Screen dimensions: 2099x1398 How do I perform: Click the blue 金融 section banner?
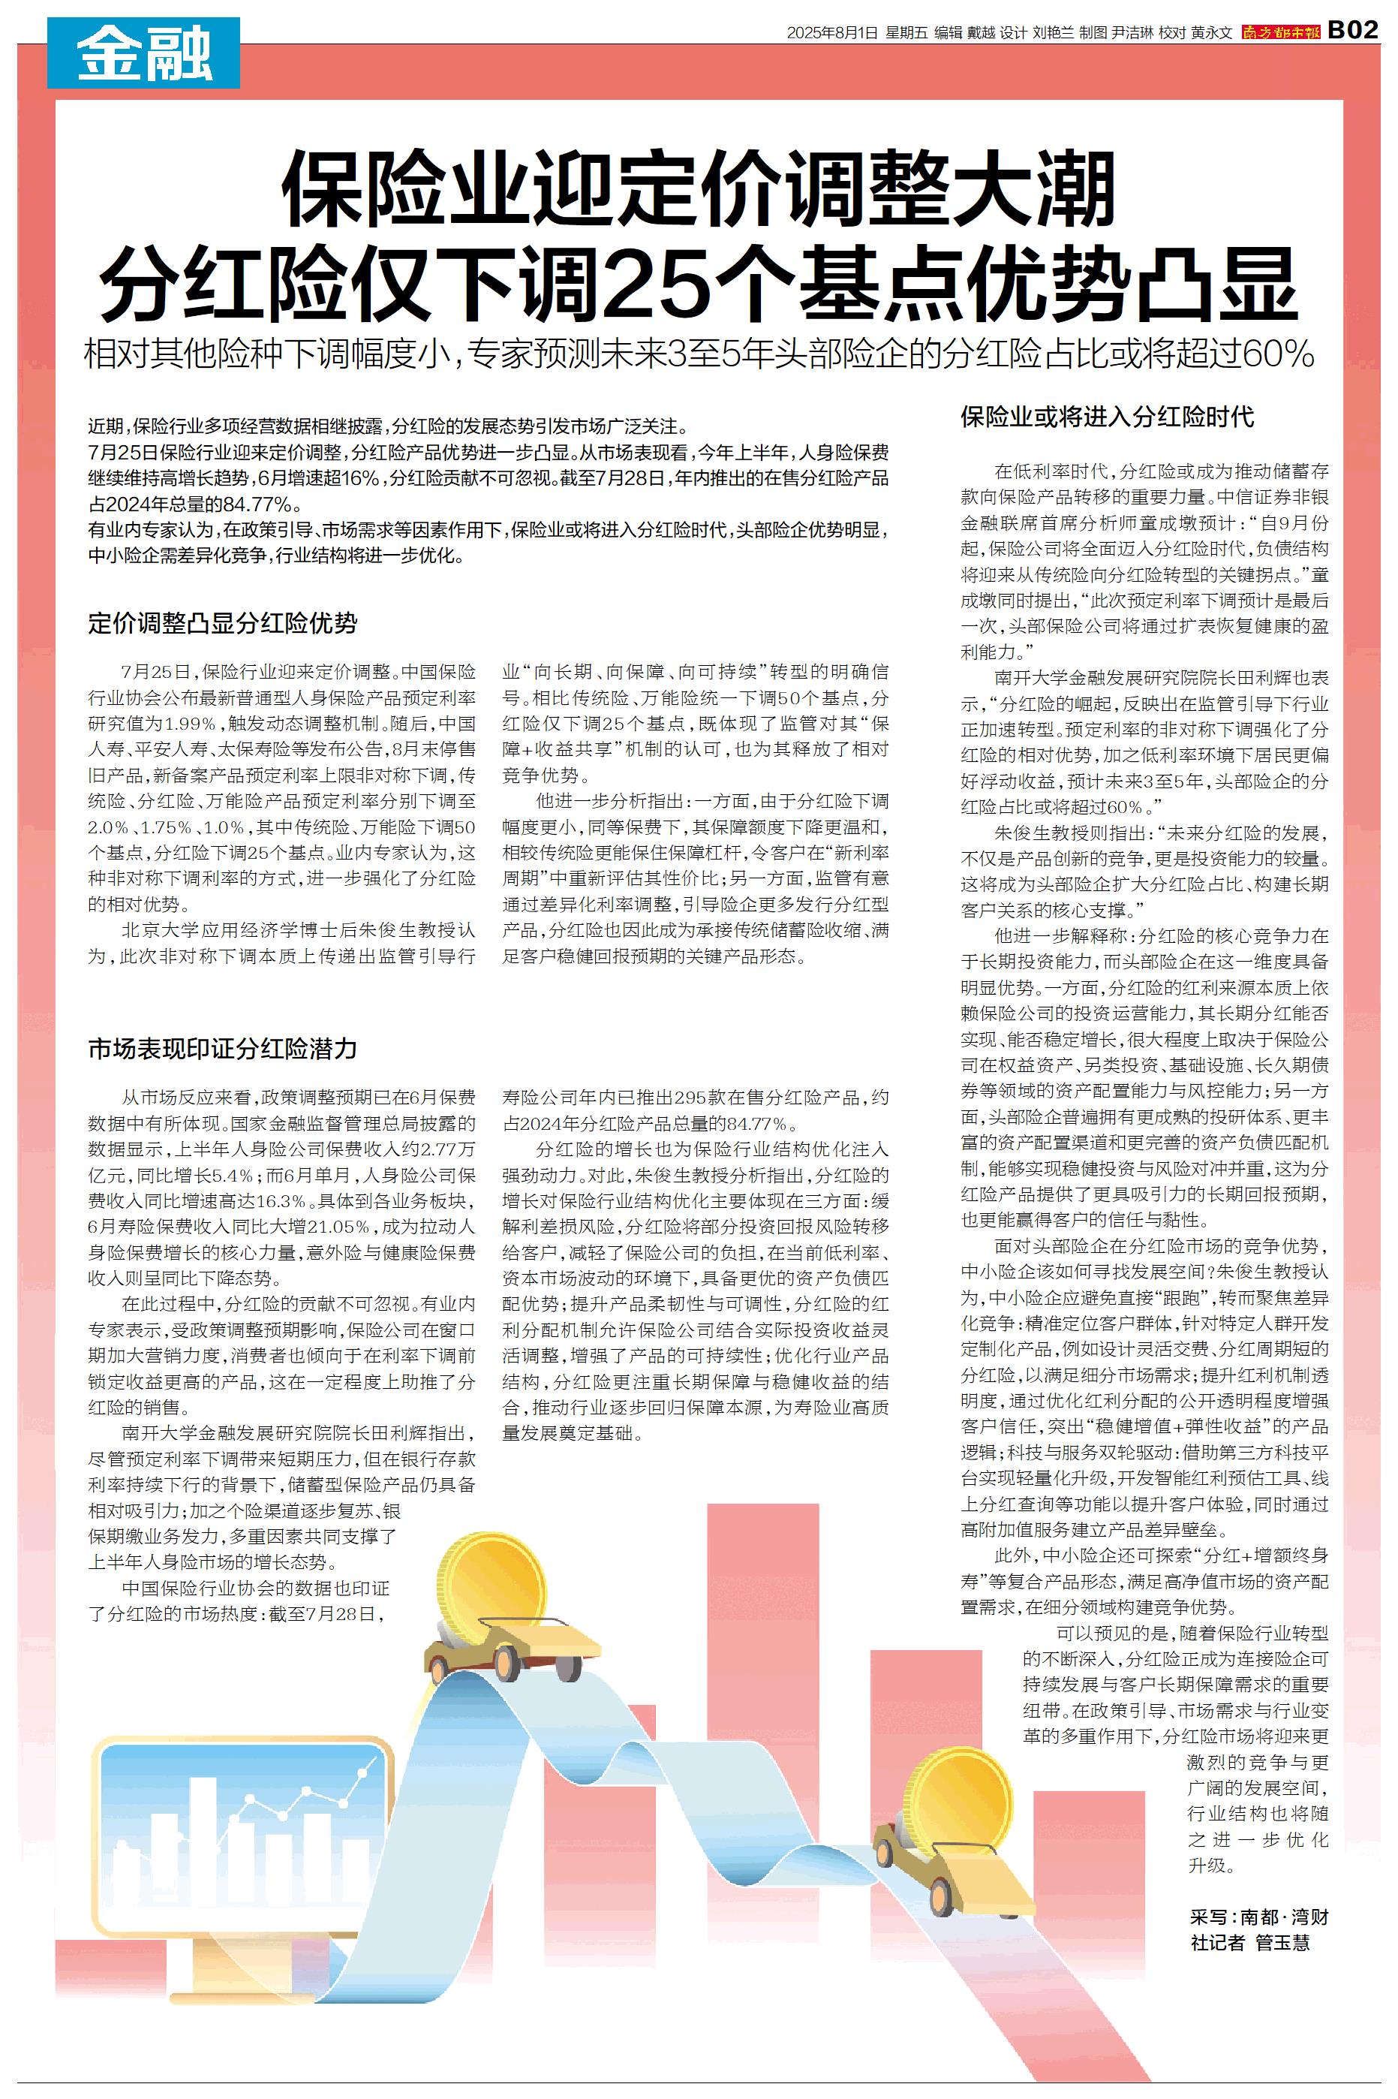tap(143, 53)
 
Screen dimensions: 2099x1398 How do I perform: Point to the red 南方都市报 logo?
tap(1281, 32)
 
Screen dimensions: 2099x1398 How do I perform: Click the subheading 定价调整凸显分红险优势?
tap(222, 622)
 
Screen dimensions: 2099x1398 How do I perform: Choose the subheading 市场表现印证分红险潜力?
tap(222, 1049)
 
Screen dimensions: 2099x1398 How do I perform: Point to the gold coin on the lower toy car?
tap(961, 1799)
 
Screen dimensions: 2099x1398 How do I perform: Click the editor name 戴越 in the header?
tap(981, 33)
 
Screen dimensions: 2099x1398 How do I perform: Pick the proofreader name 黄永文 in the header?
tap(1210, 33)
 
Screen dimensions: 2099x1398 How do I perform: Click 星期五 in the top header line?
tap(906, 33)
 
